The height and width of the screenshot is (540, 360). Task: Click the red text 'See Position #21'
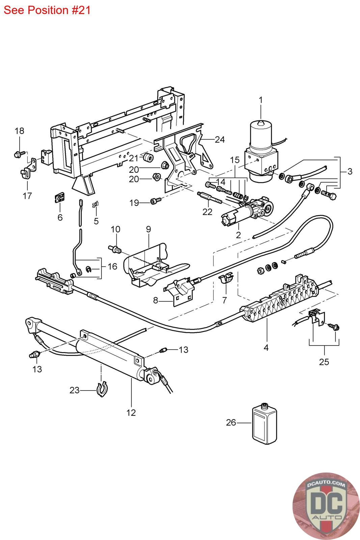pyautogui.click(x=47, y=10)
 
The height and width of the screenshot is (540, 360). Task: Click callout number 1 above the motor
pyautogui.click(x=261, y=100)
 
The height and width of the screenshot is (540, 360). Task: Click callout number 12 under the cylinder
pyautogui.click(x=131, y=412)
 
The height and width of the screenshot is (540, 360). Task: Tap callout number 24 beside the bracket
pyautogui.click(x=220, y=139)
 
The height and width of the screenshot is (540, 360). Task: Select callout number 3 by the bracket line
pyautogui.click(x=350, y=171)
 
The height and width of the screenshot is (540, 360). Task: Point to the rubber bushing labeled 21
pyautogui.click(x=147, y=157)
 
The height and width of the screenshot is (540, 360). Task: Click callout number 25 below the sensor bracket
pyautogui.click(x=324, y=362)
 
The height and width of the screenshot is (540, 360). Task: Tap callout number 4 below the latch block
pyautogui.click(x=266, y=347)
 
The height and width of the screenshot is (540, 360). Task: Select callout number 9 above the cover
pyautogui.click(x=148, y=229)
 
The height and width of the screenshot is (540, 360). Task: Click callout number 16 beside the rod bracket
pyautogui.click(x=112, y=266)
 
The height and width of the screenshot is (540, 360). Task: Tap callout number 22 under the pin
pyautogui.click(x=207, y=212)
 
